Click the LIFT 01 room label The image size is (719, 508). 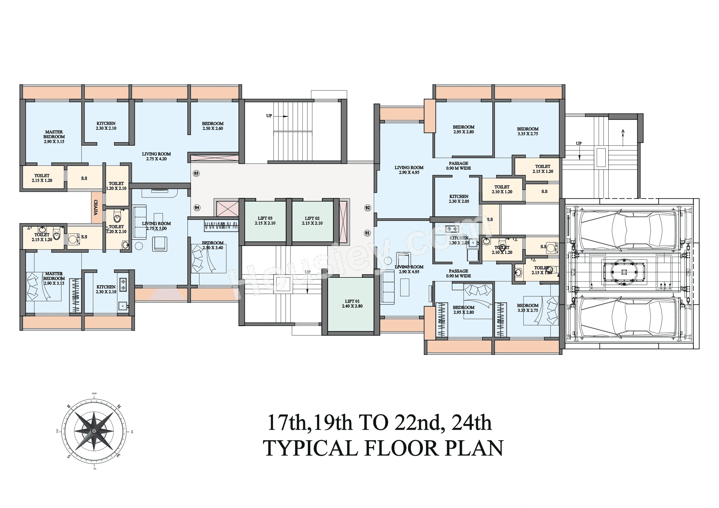click(x=352, y=304)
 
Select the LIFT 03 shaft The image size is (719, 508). click(x=265, y=221)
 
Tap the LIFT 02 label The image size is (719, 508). click(x=312, y=221)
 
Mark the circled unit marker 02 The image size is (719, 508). click(x=368, y=208)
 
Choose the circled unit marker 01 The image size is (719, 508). click(x=367, y=233)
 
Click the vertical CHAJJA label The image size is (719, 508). click(x=96, y=207)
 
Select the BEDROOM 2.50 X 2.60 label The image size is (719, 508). click(x=213, y=126)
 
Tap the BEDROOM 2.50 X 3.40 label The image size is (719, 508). click(x=213, y=245)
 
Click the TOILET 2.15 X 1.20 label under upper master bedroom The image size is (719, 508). click(x=42, y=178)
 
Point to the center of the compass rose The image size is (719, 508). click(x=94, y=431)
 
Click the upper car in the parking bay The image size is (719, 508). click(x=623, y=231)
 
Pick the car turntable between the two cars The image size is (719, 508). click(x=624, y=272)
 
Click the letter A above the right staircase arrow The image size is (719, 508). click(x=623, y=131)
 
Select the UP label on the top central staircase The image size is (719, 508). click(x=269, y=116)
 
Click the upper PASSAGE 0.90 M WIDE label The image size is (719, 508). click(x=458, y=166)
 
